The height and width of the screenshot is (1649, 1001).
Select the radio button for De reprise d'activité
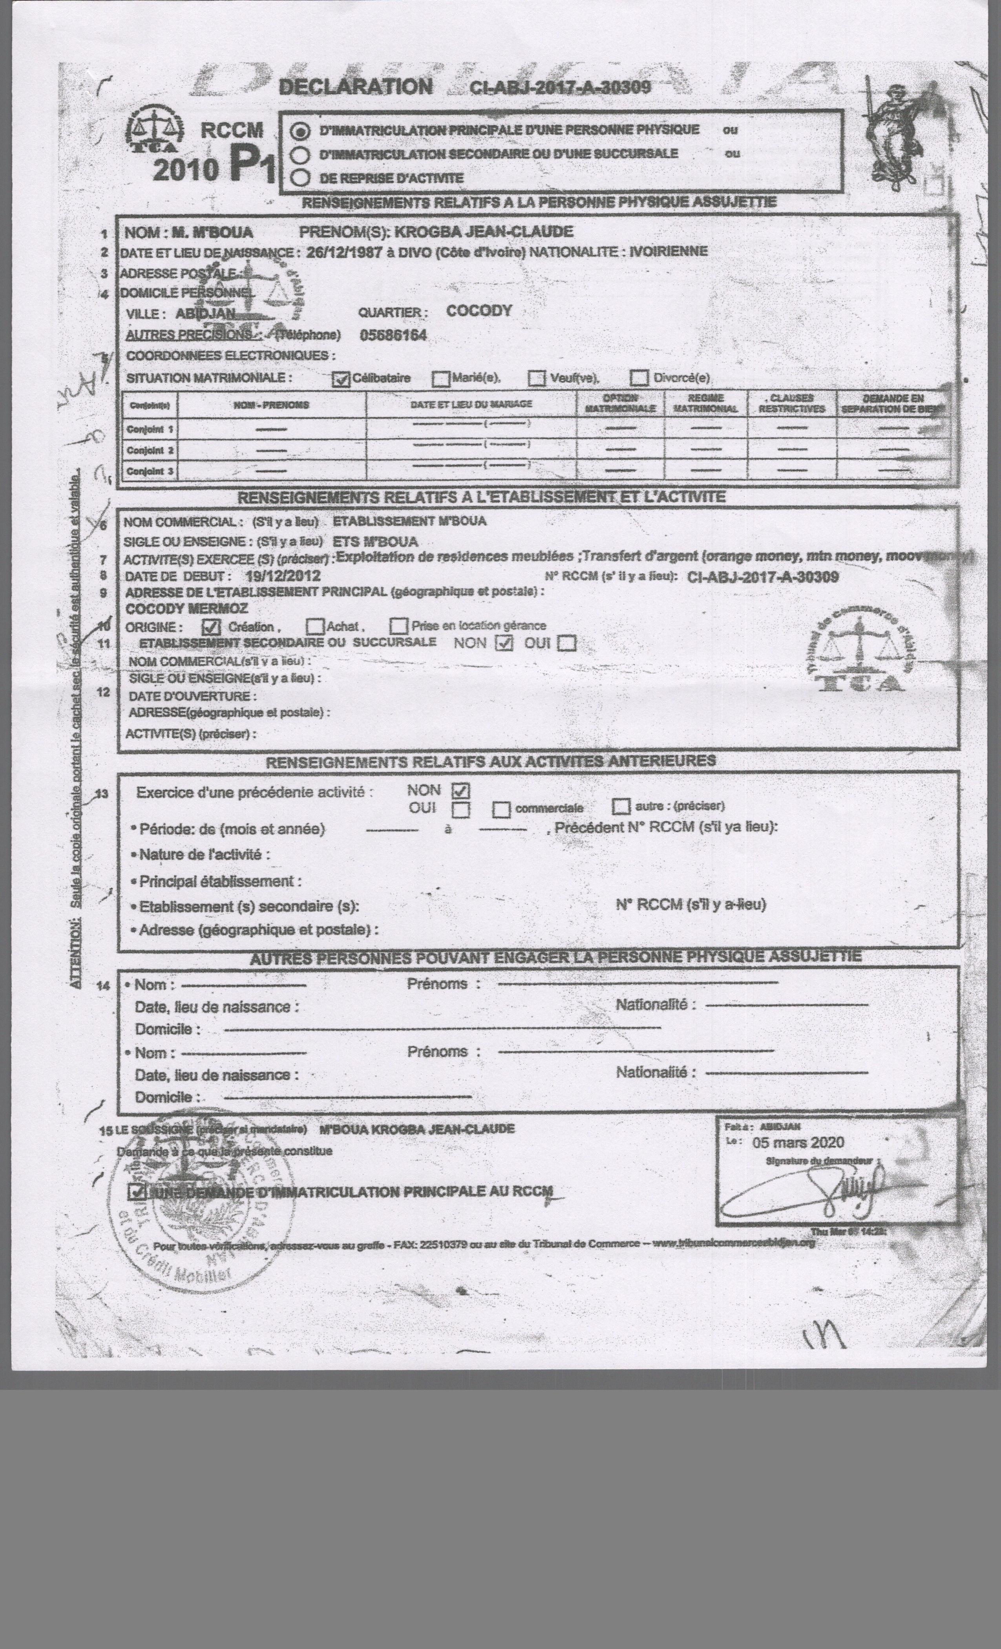click(301, 177)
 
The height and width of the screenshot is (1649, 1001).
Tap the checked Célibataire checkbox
click(341, 379)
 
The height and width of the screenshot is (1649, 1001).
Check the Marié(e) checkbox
click(440, 379)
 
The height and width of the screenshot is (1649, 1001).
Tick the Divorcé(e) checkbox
click(640, 379)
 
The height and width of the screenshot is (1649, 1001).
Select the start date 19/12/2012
click(282, 576)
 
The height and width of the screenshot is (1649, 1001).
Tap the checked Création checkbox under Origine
click(211, 627)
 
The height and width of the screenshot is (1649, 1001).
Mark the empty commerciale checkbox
click(501, 810)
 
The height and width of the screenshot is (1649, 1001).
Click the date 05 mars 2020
click(798, 1143)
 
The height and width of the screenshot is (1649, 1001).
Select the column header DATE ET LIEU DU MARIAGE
click(472, 404)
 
